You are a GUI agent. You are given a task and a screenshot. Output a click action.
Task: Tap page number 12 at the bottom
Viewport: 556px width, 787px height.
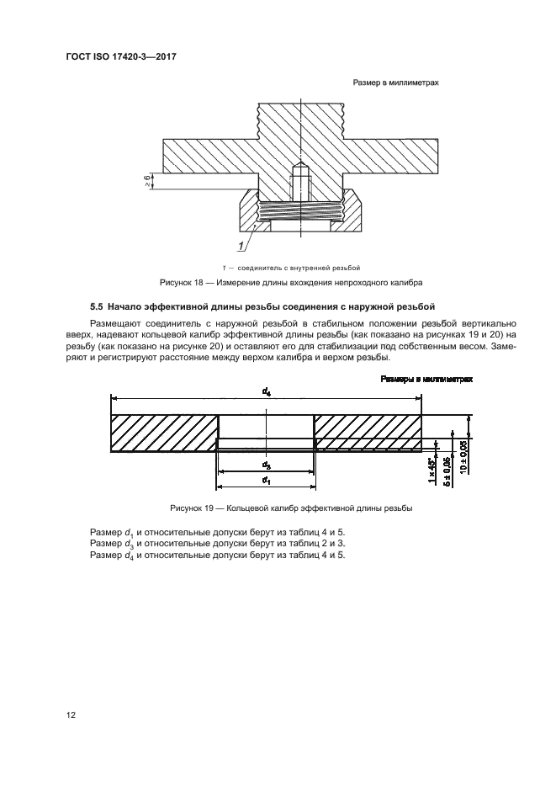coord(71,715)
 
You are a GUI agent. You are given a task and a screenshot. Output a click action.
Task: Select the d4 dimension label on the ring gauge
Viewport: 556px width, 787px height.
coord(266,391)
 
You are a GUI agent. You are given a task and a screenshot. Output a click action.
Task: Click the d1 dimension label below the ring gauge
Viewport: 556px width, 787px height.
coord(266,480)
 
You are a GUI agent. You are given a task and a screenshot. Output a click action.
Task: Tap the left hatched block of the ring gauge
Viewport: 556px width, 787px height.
coord(164,433)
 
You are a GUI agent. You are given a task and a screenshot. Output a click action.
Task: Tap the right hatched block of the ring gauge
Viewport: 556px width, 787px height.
coord(368,433)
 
